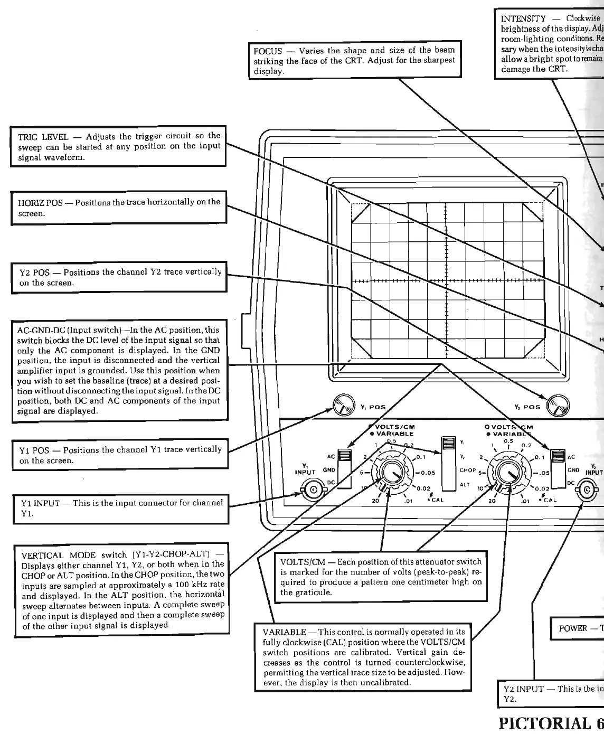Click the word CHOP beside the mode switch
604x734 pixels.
pos(468,470)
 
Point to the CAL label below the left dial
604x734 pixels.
pos(438,500)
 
